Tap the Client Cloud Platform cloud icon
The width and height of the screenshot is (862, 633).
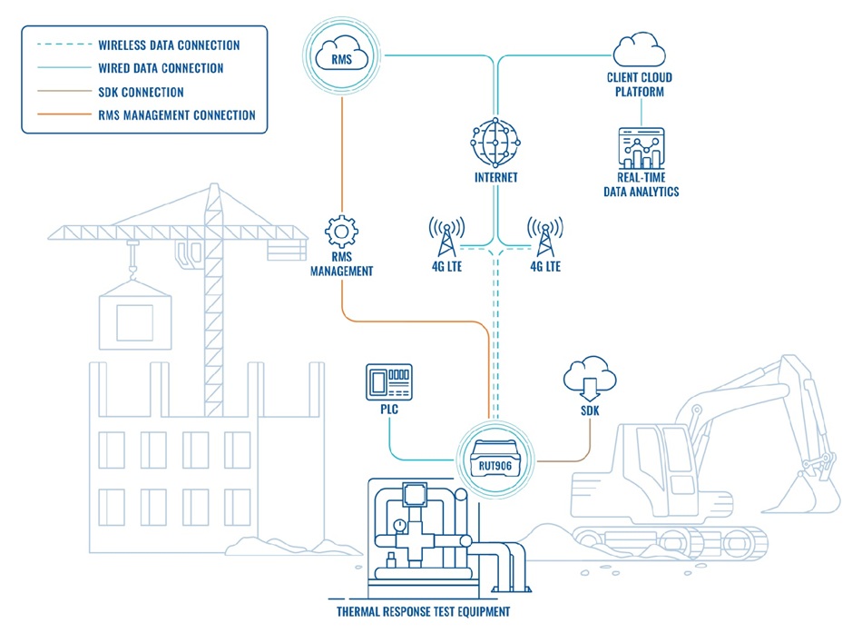click(641, 49)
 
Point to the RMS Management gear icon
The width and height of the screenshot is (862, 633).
click(342, 233)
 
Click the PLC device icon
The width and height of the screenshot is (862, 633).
click(387, 381)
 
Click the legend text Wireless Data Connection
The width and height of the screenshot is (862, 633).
click(169, 45)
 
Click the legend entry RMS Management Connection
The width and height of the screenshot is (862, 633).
click(176, 115)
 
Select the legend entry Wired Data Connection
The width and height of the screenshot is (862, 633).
click(160, 68)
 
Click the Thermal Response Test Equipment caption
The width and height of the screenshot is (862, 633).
click(422, 611)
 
